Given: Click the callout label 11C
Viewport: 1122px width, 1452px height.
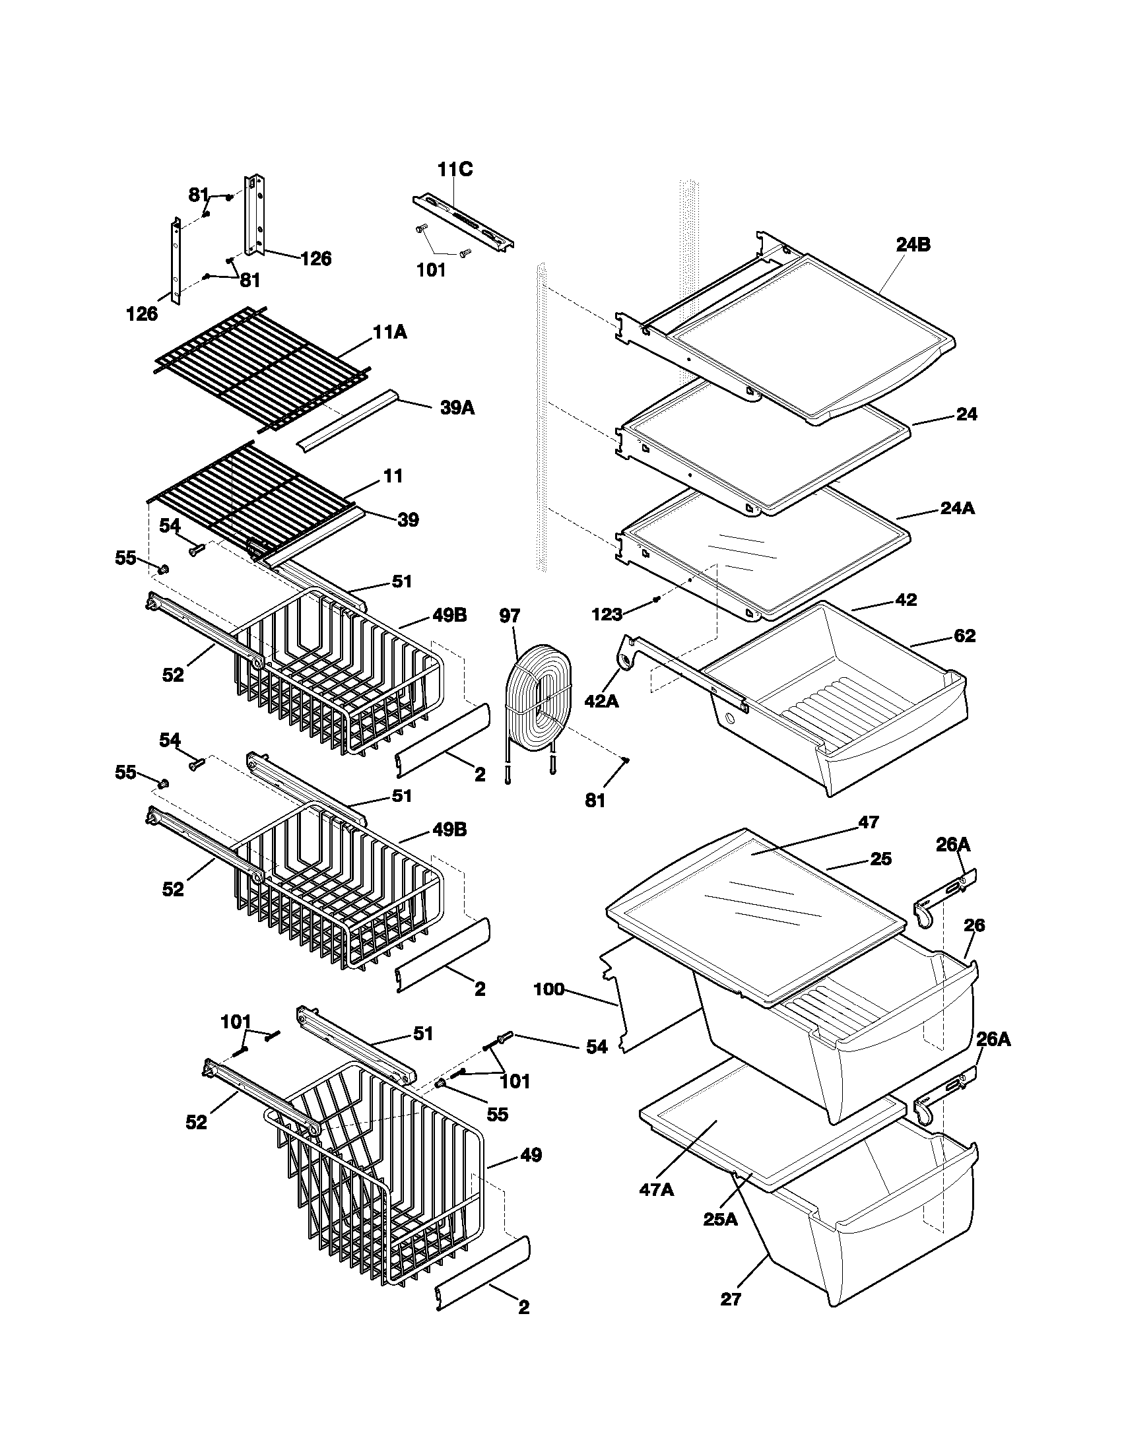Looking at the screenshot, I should point(455,170).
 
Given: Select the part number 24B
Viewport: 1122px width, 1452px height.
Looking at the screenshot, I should point(913,245).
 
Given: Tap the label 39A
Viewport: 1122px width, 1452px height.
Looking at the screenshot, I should point(457,408).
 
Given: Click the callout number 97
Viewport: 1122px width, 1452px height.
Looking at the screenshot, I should point(510,616).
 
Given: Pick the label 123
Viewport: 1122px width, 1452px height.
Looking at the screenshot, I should point(607,614).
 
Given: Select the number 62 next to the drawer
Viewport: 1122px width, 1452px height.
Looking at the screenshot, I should point(964,636).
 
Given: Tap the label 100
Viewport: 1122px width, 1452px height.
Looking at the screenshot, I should point(548,1008).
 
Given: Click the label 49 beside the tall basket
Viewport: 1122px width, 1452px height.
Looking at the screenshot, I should point(531,1156).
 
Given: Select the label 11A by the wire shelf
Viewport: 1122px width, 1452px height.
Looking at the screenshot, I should point(390,332).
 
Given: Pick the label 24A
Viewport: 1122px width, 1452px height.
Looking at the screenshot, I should point(958,508).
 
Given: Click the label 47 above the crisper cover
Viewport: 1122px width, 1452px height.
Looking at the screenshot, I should point(869,822).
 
